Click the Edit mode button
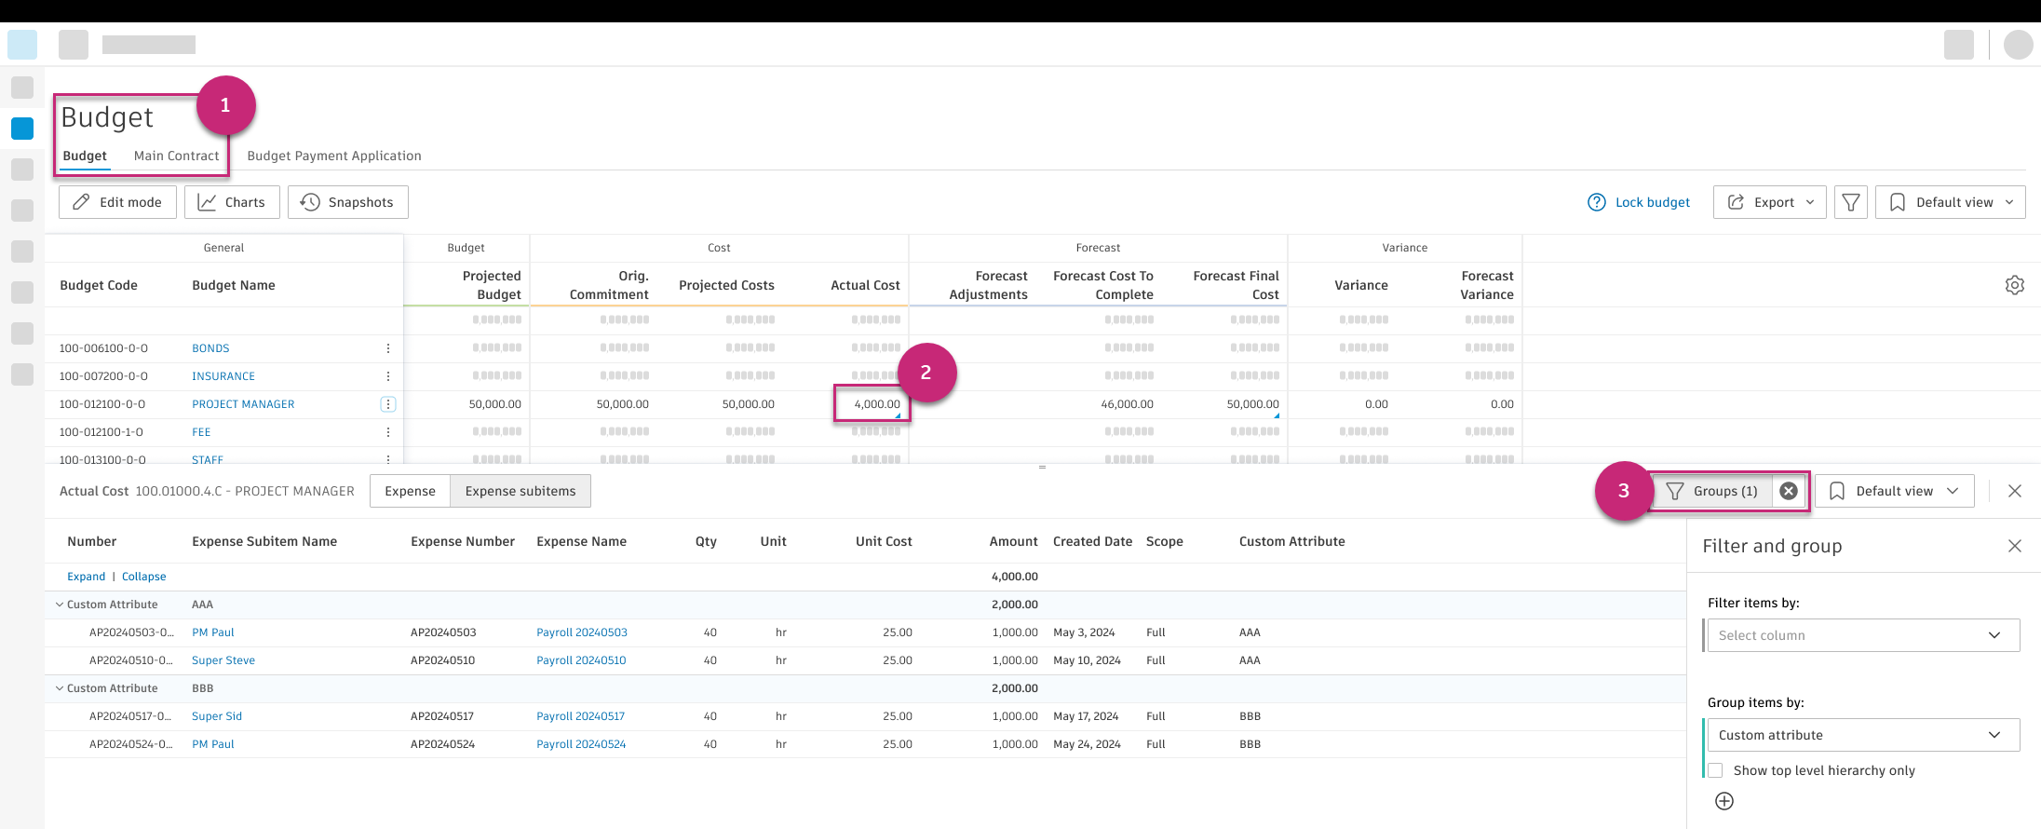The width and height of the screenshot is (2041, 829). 117,202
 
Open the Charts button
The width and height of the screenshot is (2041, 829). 232,202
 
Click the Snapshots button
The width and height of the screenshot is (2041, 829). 347,202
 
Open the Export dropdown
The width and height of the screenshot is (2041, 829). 1769,202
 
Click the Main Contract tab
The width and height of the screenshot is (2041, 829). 176,156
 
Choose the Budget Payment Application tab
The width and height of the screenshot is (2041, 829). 334,156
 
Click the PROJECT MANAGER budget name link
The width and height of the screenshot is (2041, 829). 243,404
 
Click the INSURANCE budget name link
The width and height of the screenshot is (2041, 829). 223,376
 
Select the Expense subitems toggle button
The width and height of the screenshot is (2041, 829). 520,491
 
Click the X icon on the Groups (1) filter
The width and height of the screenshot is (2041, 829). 1789,491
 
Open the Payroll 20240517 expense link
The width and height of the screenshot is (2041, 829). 580,716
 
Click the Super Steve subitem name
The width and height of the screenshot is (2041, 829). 223,660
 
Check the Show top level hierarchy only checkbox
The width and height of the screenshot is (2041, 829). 1715,770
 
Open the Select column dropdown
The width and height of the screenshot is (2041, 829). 1862,635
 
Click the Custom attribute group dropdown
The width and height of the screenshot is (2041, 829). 1862,735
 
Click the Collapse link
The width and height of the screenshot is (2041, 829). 143,577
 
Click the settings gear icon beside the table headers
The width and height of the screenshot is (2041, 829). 2014,285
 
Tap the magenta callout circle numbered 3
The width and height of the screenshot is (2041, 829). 1623,491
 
